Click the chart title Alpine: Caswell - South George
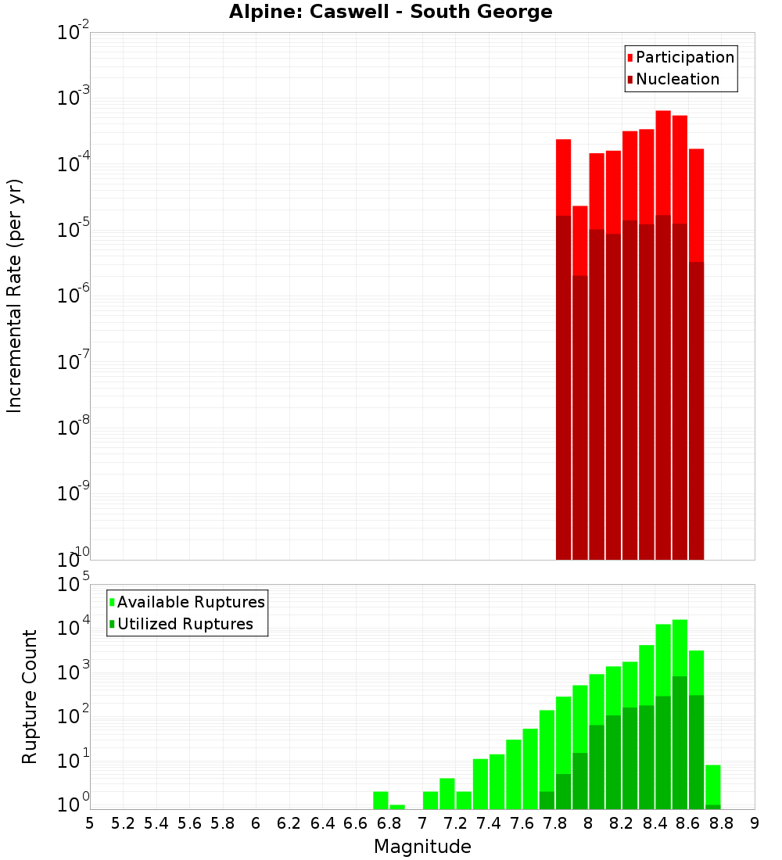click(390, 13)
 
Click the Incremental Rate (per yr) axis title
click(15, 296)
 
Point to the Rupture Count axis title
click(30, 696)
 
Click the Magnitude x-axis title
click(422, 847)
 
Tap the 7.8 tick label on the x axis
click(555, 823)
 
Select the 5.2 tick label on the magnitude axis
click(124, 823)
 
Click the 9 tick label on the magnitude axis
click(755, 823)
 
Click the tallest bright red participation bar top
click(663, 114)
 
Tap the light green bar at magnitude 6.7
click(381, 800)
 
